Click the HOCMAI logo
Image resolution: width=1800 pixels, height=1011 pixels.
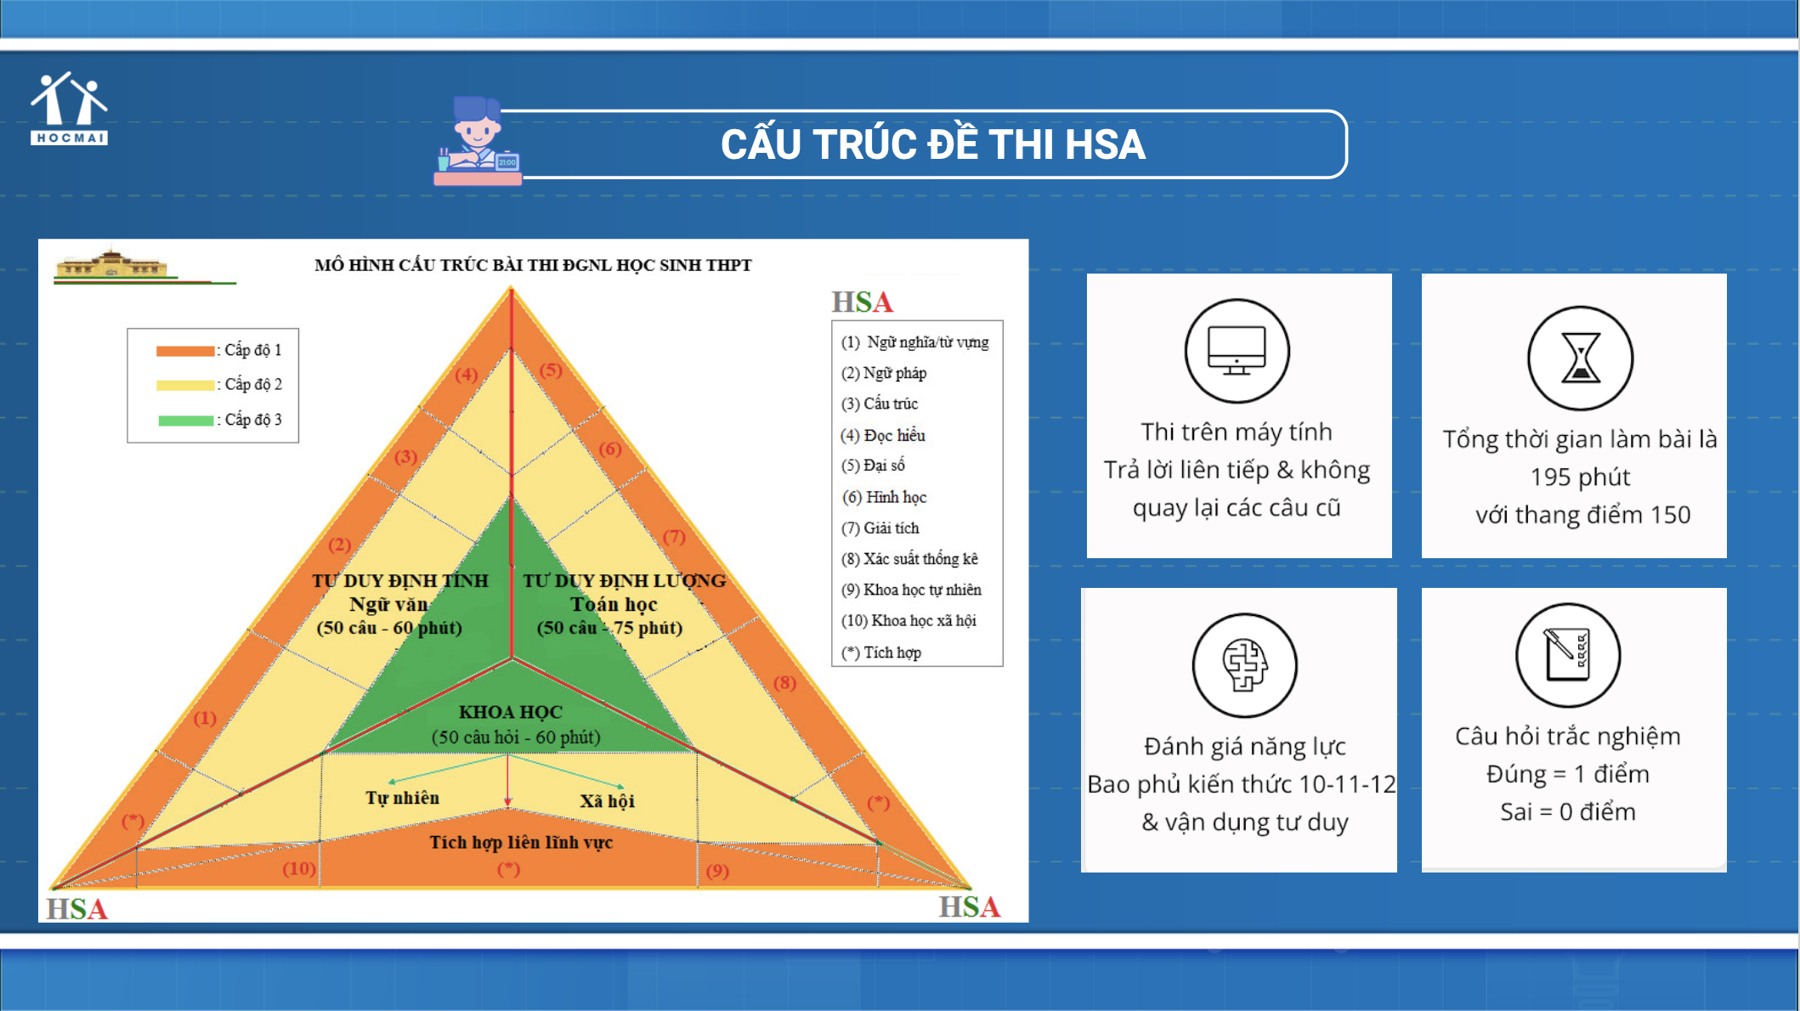69,108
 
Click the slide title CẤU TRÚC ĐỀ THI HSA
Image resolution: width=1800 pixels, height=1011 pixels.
933,144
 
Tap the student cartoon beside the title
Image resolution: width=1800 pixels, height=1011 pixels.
478,140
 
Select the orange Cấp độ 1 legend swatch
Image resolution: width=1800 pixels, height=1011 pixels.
185,351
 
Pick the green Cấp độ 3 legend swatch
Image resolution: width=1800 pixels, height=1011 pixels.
185,421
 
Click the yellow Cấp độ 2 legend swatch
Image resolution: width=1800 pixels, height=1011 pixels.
185,386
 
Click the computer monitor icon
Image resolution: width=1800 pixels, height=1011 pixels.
1237,350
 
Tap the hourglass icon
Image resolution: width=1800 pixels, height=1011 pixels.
1580,358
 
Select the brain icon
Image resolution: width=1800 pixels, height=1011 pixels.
1244,665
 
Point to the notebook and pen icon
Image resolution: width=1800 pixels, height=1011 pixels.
1568,655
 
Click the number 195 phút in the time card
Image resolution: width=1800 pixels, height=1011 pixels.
1580,477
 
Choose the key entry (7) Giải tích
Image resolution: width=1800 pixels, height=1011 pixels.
880,528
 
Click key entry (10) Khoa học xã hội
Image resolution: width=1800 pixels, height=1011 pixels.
908,621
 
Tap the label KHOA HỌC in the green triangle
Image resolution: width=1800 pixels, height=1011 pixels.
511,712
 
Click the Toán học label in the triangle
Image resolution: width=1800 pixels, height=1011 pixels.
614,604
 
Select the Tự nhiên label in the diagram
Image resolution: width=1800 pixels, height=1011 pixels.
403,798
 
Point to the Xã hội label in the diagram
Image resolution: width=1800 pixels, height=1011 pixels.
607,801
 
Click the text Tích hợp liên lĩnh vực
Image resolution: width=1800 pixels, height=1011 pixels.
521,842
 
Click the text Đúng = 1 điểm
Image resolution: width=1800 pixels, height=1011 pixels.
1568,774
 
